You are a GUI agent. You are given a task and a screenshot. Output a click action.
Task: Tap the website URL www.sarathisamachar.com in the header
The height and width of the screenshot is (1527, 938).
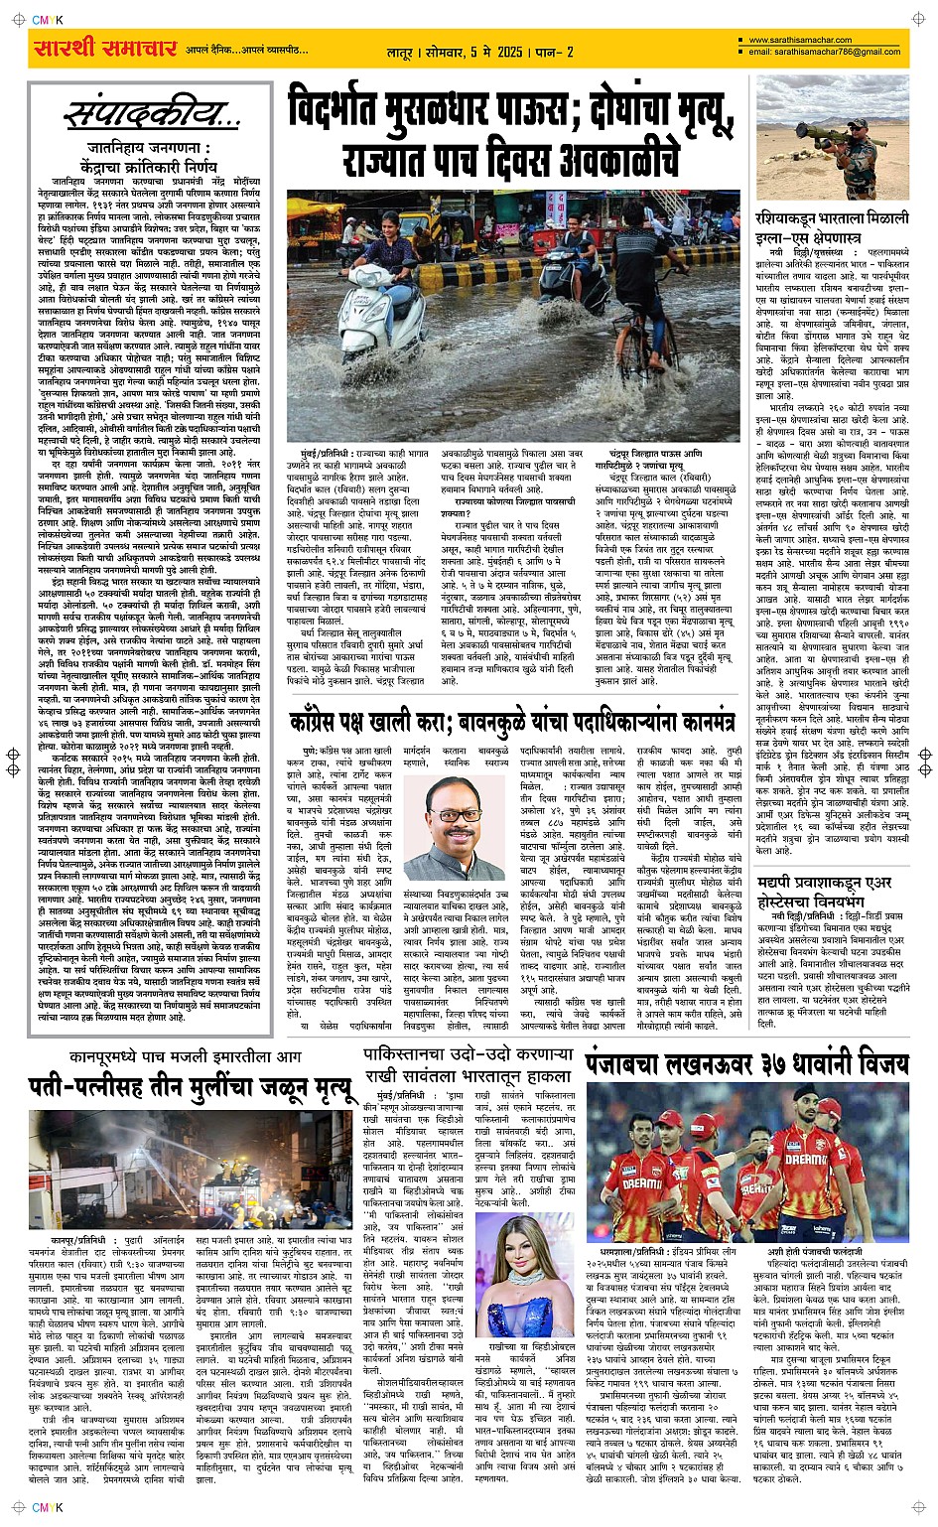pyautogui.click(x=799, y=40)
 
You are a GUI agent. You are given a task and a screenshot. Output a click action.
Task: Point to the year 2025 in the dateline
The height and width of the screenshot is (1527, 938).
pyautogui.click(x=510, y=52)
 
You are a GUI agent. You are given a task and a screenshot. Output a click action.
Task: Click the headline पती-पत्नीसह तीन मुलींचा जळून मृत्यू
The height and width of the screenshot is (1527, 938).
pyautogui.click(x=191, y=1087)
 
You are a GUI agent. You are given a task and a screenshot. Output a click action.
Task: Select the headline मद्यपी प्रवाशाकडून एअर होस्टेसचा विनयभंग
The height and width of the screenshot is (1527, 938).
pyautogui.click(x=832, y=893)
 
